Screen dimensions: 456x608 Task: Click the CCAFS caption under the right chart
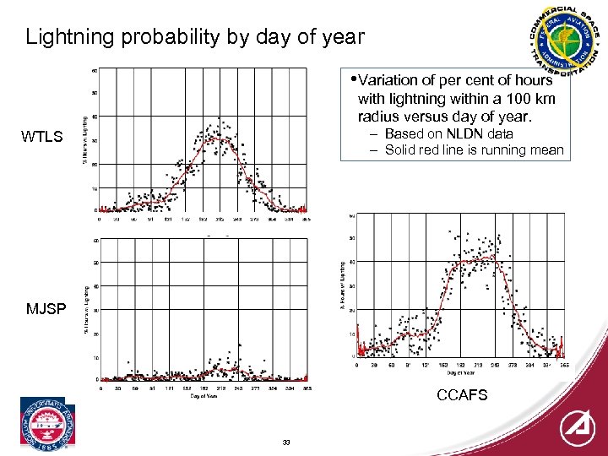[462, 395]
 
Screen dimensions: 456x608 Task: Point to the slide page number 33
[286, 442]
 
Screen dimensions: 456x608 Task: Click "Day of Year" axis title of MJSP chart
[203, 395]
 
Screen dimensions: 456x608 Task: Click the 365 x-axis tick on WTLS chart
[307, 220]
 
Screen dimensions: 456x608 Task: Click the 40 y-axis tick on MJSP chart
[95, 287]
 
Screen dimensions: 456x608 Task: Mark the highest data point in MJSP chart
[239, 344]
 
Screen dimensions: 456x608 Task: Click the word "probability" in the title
[155, 37]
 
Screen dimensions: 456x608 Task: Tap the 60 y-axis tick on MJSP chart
[95, 241]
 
